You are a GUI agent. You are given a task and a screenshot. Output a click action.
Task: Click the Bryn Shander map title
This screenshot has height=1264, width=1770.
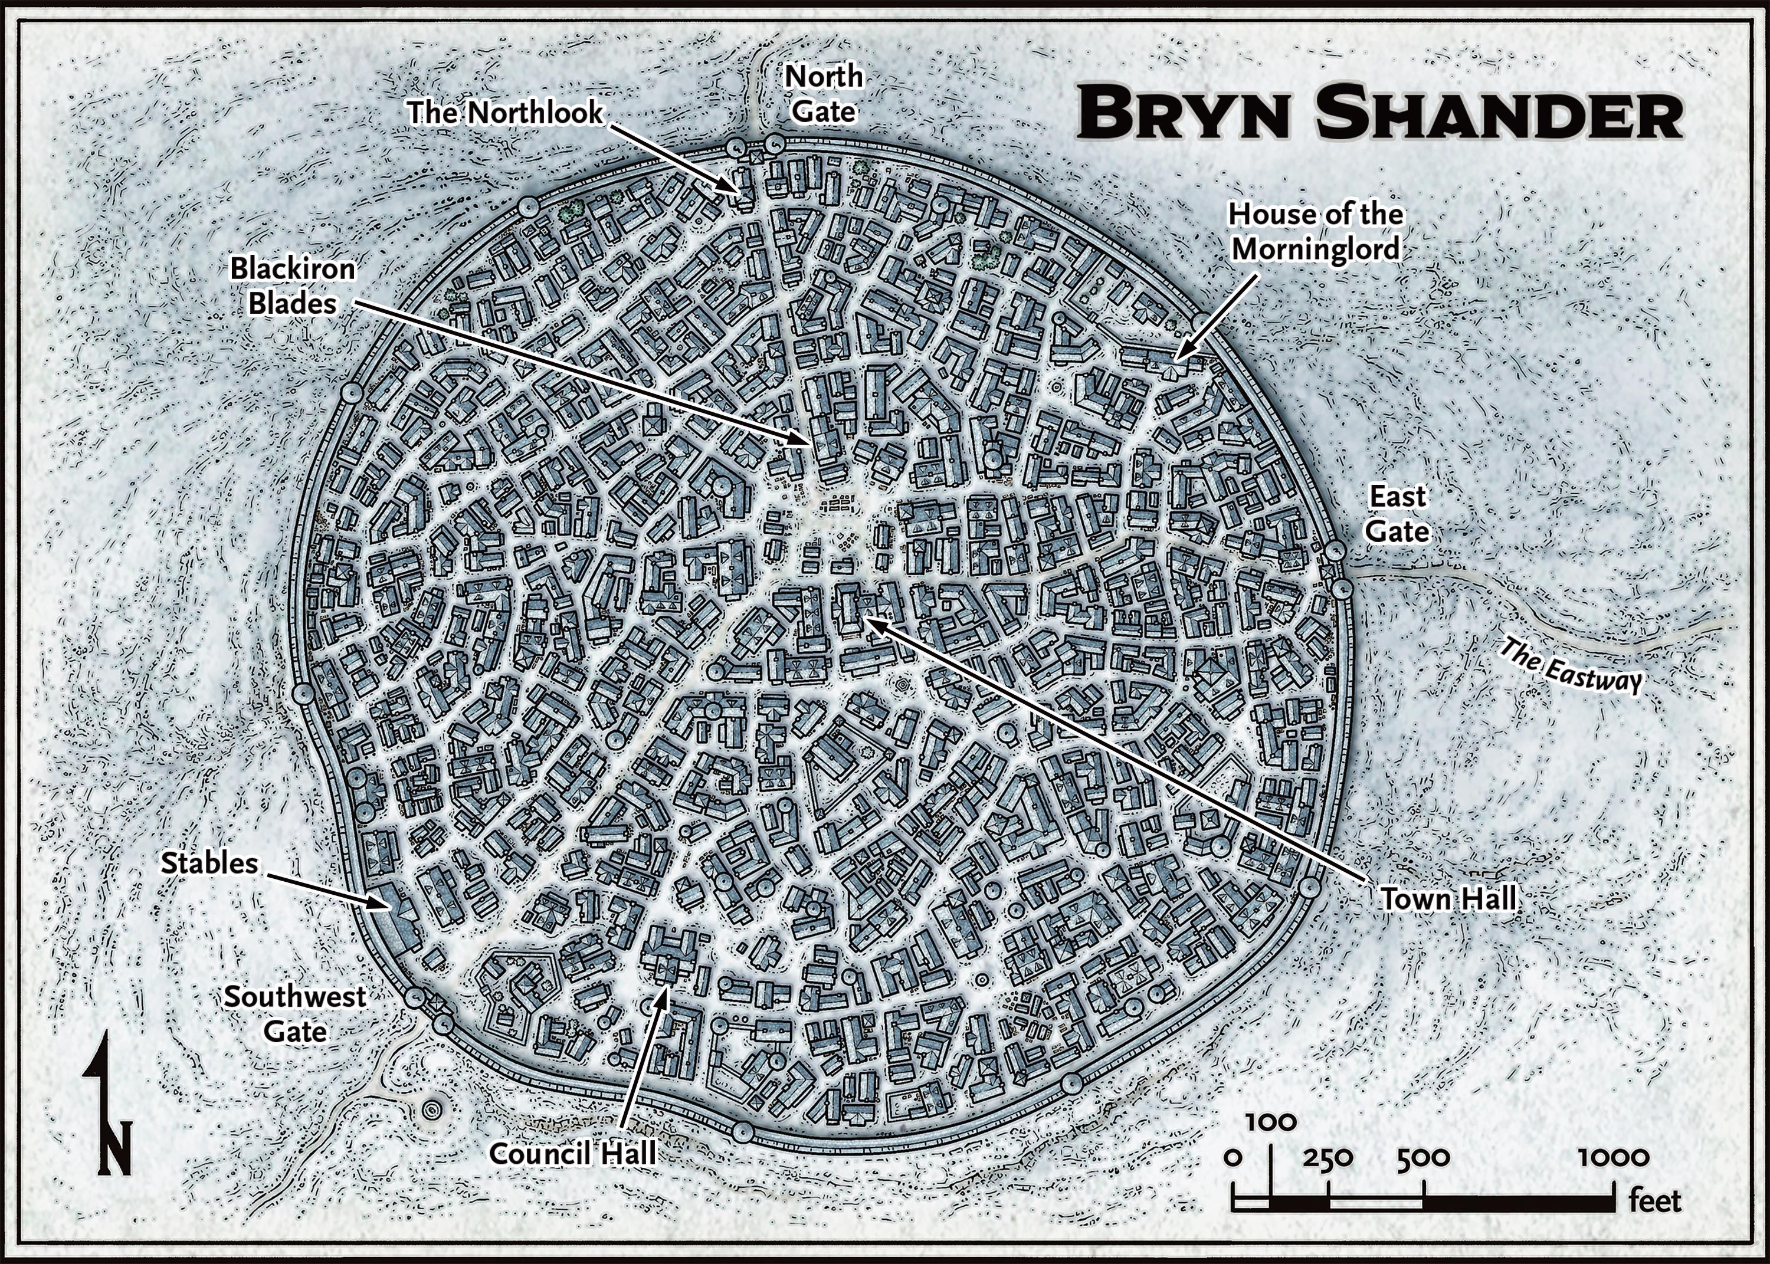pyautogui.click(x=1380, y=114)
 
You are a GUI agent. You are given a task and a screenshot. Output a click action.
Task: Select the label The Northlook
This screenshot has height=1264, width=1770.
pyautogui.click(x=505, y=113)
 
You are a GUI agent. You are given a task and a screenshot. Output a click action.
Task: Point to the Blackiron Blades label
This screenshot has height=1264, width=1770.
pyautogui.click(x=293, y=285)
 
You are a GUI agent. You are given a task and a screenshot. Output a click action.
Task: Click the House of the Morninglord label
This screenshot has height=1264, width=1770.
pyautogui.click(x=1316, y=231)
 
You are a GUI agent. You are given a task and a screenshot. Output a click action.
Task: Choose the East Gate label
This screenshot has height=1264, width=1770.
pyautogui.click(x=1398, y=514)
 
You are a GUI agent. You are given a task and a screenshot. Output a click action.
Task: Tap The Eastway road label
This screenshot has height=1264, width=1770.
pyautogui.click(x=1570, y=665)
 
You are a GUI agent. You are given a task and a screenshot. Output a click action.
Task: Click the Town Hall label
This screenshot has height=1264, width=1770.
pyautogui.click(x=1448, y=899)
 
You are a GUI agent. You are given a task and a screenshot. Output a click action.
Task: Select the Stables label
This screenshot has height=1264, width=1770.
pyautogui.click(x=210, y=862)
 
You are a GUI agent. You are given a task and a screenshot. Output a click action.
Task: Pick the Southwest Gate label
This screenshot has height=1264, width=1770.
pyautogui.click(x=295, y=1014)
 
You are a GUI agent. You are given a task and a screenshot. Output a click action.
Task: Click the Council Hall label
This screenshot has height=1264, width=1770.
pyautogui.click(x=573, y=1153)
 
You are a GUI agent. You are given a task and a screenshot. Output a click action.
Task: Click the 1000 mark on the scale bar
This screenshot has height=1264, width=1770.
pyautogui.click(x=1614, y=1157)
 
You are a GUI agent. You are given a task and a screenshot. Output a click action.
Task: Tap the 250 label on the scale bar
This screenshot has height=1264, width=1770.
pyautogui.click(x=1328, y=1157)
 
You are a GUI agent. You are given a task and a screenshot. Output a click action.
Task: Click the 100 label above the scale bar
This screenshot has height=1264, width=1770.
pyautogui.click(x=1271, y=1122)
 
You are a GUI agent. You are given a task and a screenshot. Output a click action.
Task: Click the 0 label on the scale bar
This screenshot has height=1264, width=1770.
pyautogui.click(x=1233, y=1157)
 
